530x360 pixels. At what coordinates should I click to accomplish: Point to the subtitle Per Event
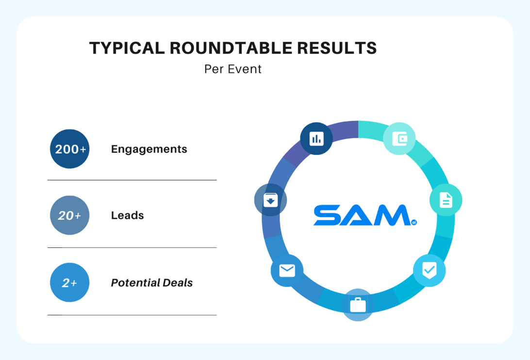[x=233, y=69]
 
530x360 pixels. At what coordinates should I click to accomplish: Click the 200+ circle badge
[x=70, y=149]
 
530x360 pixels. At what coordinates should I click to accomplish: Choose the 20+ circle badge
[x=70, y=215]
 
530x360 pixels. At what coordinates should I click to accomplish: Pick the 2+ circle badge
[x=70, y=282]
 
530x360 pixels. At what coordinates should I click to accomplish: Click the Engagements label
[x=149, y=149]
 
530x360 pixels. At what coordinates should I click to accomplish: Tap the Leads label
[x=127, y=215]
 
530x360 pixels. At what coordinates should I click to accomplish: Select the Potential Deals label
[x=152, y=282]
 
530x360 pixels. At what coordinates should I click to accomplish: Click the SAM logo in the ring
[x=362, y=215]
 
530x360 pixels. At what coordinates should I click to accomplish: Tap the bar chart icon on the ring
[x=316, y=139]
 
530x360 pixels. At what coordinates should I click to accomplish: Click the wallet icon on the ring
[x=399, y=139]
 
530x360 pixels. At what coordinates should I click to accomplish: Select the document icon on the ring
[x=446, y=200]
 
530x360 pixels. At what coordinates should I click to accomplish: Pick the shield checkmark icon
[x=429, y=270]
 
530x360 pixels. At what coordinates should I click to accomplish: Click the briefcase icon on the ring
[x=358, y=305]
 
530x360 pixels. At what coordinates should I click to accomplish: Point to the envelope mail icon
[x=287, y=270]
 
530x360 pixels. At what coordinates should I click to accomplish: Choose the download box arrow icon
[x=271, y=200]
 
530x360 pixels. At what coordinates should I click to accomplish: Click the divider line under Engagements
[x=132, y=180]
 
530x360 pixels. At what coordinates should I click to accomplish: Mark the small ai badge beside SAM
[x=414, y=223]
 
